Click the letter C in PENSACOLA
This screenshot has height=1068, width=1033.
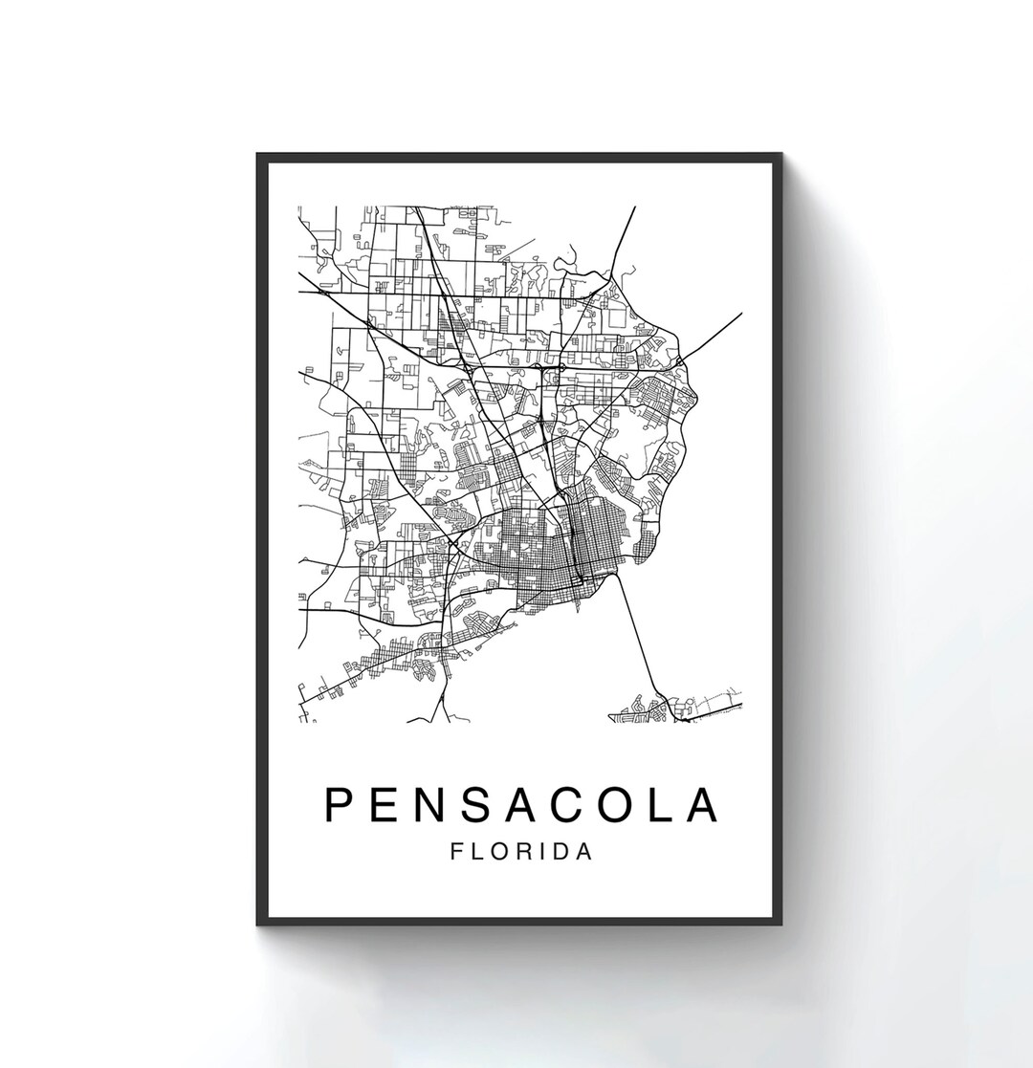[583, 805]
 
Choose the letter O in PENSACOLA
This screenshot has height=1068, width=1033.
[633, 805]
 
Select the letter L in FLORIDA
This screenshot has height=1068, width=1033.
[475, 852]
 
